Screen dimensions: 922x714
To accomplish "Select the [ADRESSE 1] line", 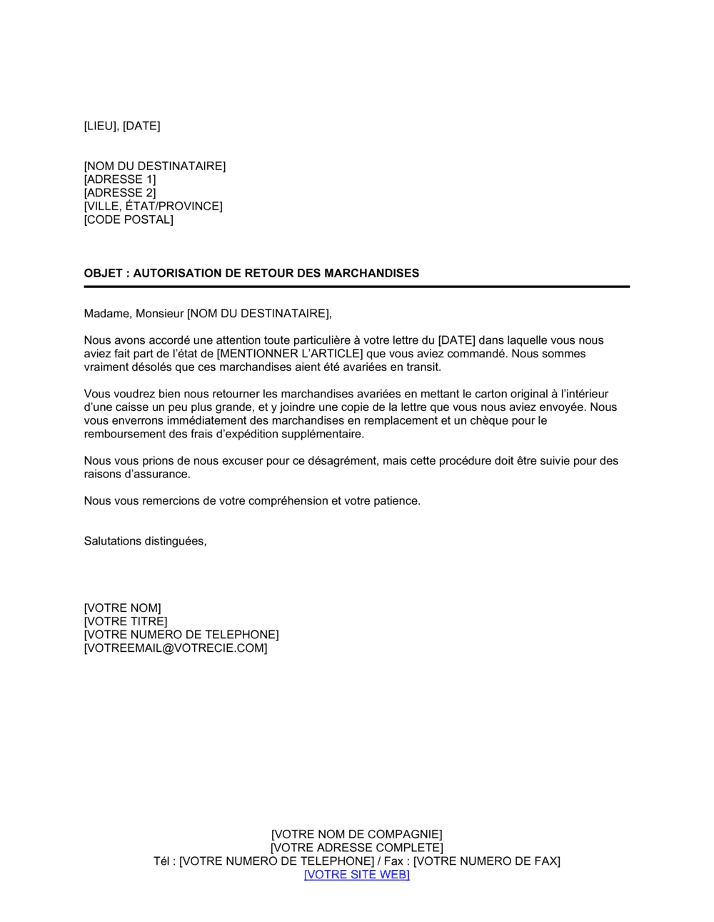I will tap(120, 179).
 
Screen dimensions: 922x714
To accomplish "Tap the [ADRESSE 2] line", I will tap(120, 193).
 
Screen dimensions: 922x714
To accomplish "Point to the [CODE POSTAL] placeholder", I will tap(129, 219).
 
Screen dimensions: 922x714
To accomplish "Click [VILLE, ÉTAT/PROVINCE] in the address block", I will tap(154, 207).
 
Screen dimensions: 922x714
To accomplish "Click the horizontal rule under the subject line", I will tap(357, 287).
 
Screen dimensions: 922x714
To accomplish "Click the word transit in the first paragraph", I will tap(424, 367).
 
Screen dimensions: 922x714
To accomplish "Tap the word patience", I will tap(396, 501).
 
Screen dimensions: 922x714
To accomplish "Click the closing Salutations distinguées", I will tap(145, 541).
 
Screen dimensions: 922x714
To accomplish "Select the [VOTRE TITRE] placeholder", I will tap(126, 622).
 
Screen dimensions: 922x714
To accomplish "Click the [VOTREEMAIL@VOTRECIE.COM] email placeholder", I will tap(176, 649).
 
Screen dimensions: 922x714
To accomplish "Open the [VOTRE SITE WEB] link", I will tap(357, 875).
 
